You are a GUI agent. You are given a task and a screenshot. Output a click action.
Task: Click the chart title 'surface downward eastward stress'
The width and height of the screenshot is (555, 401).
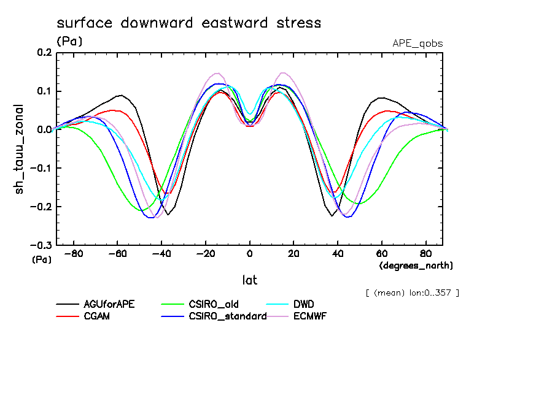pyautogui.click(x=188, y=23)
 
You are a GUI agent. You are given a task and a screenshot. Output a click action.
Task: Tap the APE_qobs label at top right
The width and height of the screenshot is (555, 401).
pyautogui.click(x=417, y=44)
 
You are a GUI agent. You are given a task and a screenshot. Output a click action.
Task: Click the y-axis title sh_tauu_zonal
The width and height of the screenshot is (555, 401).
pyautogui.click(x=20, y=149)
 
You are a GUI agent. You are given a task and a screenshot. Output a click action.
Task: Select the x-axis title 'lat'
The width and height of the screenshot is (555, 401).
pyautogui.click(x=249, y=280)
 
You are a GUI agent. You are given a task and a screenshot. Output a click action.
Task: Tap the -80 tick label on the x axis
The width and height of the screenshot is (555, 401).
pyautogui.click(x=74, y=253)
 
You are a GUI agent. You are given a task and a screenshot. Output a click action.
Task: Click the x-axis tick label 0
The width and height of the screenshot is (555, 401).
pyautogui.click(x=250, y=253)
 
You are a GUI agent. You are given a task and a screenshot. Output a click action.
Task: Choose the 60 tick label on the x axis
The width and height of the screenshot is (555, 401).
pyautogui.click(x=381, y=253)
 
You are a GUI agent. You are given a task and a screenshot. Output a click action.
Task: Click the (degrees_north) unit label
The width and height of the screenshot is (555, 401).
pyautogui.click(x=416, y=265)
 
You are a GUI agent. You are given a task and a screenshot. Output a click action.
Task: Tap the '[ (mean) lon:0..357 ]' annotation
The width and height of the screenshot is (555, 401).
pyautogui.click(x=412, y=292)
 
